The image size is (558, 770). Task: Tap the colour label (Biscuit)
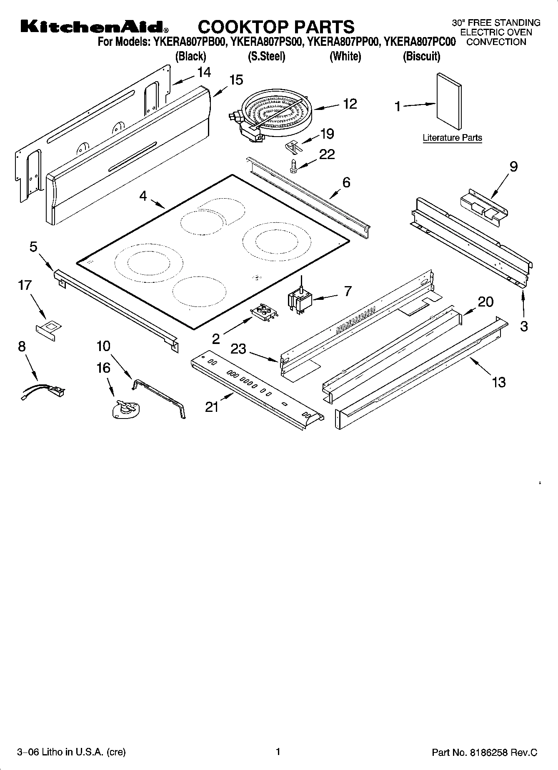421,56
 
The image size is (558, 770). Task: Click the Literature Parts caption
452,138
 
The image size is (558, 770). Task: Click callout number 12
350,104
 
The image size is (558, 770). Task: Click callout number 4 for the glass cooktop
143,196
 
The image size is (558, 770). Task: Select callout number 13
499,382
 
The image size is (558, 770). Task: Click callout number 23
238,349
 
